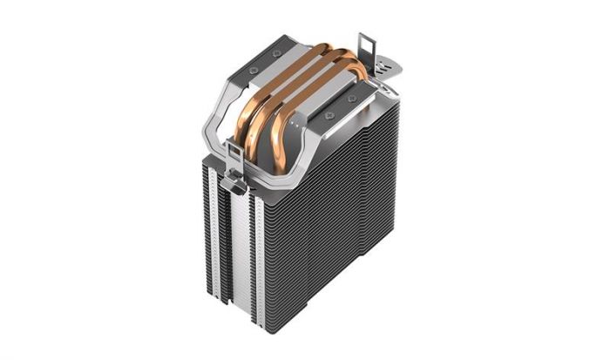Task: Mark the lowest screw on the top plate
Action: pyautogui.click(x=329, y=113)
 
